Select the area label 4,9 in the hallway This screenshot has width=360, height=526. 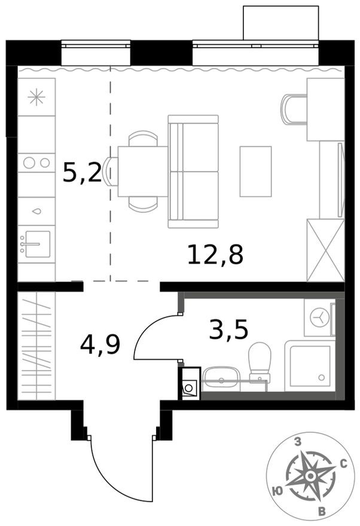[x=100, y=345]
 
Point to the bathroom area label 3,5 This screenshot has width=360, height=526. [x=228, y=329]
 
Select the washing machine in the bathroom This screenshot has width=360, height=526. [x=319, y=317]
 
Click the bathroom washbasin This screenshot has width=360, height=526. [x=221, y=377]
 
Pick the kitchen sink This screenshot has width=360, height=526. [x=36, y=243]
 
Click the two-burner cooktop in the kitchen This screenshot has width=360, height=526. [x=36, y=161]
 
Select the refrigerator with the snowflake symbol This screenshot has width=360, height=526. [x=36, y=97]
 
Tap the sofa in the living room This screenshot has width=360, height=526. [x=193, y=172]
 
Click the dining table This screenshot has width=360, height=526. [x=142, y=171]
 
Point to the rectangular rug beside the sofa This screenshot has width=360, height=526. [x=255, y=171]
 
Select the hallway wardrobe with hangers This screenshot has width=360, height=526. [x=36, y=345]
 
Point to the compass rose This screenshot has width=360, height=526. [x=310, y=476]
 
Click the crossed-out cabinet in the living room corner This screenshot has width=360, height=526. [x=325, y=250]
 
